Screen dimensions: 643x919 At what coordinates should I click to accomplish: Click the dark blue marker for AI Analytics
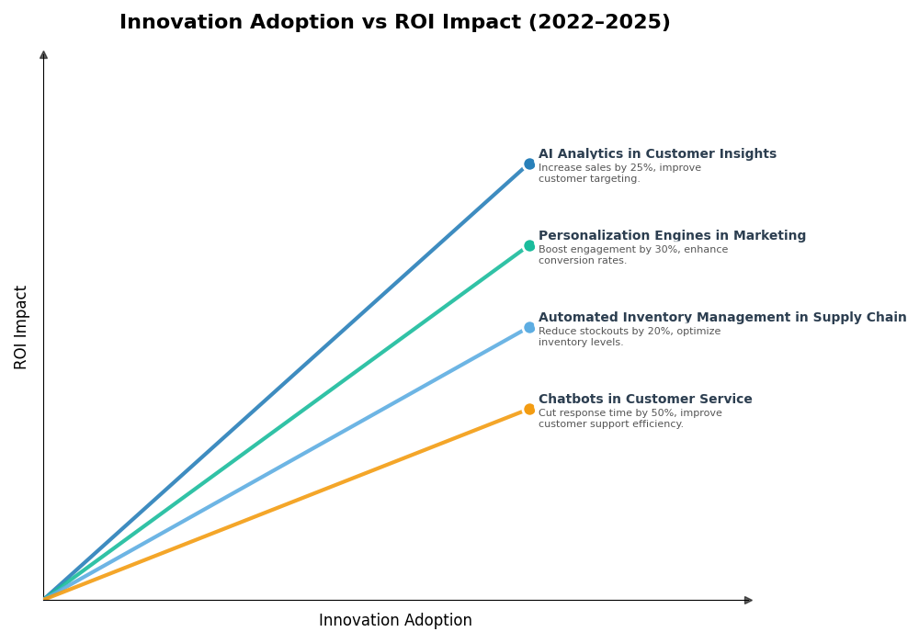click(529, 164)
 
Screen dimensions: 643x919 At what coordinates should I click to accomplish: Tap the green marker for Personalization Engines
click(529, 246)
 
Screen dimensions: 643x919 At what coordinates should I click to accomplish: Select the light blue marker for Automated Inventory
click(529, 328)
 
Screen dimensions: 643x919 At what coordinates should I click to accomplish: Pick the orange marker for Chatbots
click(529, 410)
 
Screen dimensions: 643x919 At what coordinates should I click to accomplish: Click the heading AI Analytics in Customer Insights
click(657, 154)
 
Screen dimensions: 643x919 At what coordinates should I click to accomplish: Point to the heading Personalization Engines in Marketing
click(672, 236)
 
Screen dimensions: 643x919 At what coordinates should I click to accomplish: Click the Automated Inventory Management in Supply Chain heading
click(722, 318)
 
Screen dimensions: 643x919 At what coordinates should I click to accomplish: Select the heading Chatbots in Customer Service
click(645, 400)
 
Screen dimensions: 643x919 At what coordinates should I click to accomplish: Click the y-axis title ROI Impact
click(21, 327)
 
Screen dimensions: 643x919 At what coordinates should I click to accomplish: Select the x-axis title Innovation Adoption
click(395, 621)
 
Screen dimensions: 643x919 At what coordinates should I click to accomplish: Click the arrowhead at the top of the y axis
click(43, 55)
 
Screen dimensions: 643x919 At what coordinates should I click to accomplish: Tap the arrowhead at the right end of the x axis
click(748, 600)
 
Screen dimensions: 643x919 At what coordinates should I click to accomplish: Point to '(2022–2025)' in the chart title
click(599, 23)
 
